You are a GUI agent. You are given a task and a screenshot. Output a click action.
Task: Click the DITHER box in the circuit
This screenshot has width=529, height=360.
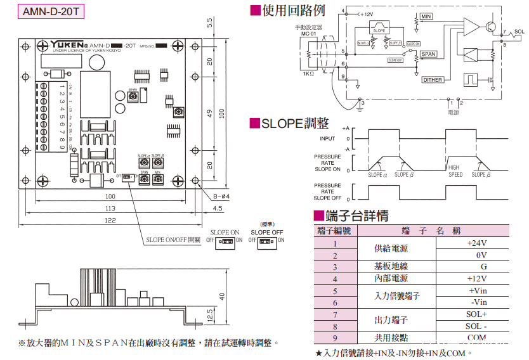coord(433,80)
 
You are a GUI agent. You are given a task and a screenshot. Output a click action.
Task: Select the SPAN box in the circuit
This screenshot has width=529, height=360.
coord(429,55)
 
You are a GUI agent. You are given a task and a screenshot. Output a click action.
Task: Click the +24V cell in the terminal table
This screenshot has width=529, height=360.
coord(477,243)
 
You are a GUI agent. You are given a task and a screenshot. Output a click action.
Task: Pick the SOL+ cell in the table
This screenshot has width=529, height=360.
coord(477,314)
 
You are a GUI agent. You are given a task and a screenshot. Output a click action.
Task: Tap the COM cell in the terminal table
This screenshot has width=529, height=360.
coord(477,338)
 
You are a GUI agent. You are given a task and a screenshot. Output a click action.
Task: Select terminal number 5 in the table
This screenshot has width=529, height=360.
coord(336,290)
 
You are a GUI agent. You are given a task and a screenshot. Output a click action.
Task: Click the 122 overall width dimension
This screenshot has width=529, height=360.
coord(110,219)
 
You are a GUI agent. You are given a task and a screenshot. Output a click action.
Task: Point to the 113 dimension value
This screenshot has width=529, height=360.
coord(110,208)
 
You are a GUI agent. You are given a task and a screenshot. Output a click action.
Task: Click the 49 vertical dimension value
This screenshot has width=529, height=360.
coord(210,113)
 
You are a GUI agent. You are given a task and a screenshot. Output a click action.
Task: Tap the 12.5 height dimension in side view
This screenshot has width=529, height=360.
coord(210,314)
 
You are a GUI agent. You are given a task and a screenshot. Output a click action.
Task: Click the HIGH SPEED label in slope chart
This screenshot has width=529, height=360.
coord(455,171)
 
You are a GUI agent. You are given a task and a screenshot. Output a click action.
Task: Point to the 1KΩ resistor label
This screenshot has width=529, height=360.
coord(308,74)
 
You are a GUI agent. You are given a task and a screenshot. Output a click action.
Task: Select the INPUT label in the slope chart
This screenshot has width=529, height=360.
coord(327,138)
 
